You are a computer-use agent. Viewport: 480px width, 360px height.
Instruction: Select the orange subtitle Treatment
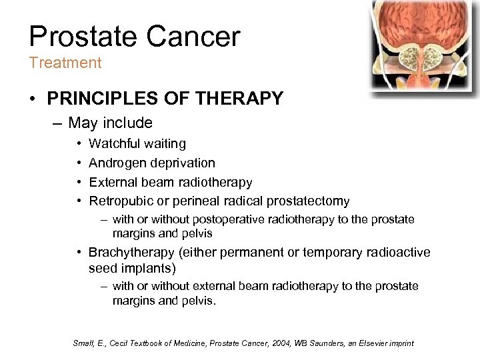65,63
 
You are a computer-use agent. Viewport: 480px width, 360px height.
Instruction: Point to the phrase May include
110,123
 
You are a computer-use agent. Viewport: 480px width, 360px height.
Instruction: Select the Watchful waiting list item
137,143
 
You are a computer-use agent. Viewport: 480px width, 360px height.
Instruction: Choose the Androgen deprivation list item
151,163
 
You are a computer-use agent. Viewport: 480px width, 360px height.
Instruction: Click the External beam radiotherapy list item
170,182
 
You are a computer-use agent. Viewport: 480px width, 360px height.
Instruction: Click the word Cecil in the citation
113,343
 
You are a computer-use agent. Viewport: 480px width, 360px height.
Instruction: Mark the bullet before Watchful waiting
79,143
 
